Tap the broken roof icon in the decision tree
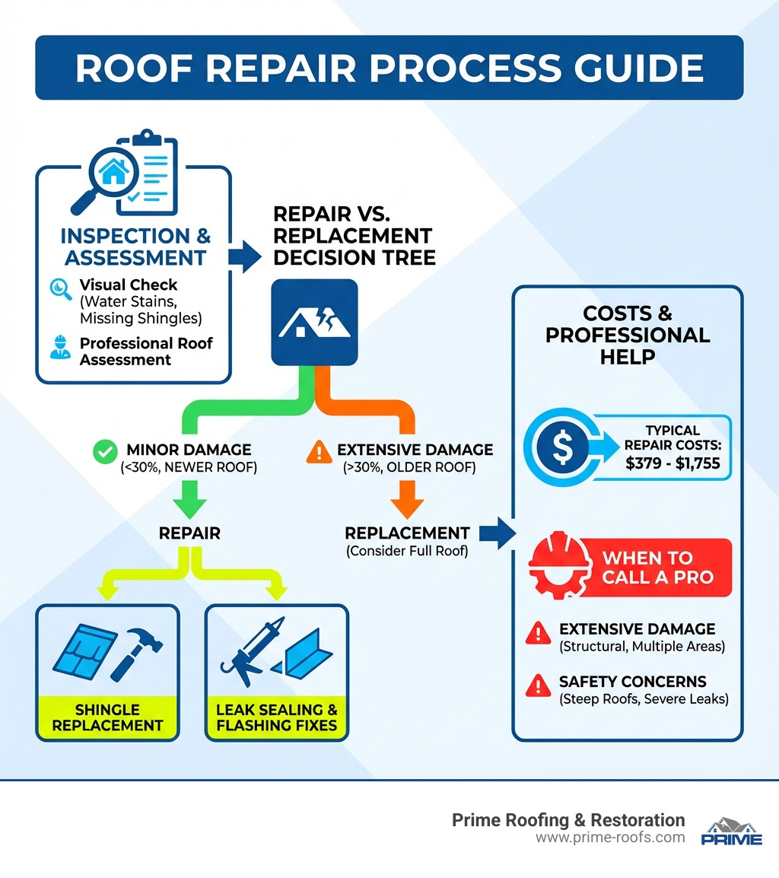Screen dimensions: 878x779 (313, 322)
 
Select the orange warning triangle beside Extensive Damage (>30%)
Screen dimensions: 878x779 (315, 451)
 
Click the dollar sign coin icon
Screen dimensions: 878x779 (561, 447)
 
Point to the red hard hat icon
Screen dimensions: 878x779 (558, 568)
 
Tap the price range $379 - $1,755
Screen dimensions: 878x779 (672, 463)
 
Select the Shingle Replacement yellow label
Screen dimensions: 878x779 (107, 717)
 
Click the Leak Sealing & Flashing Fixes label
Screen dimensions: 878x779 (276, 717)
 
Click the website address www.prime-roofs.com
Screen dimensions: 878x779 (609, 838)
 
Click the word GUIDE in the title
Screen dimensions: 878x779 (635, 68)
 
